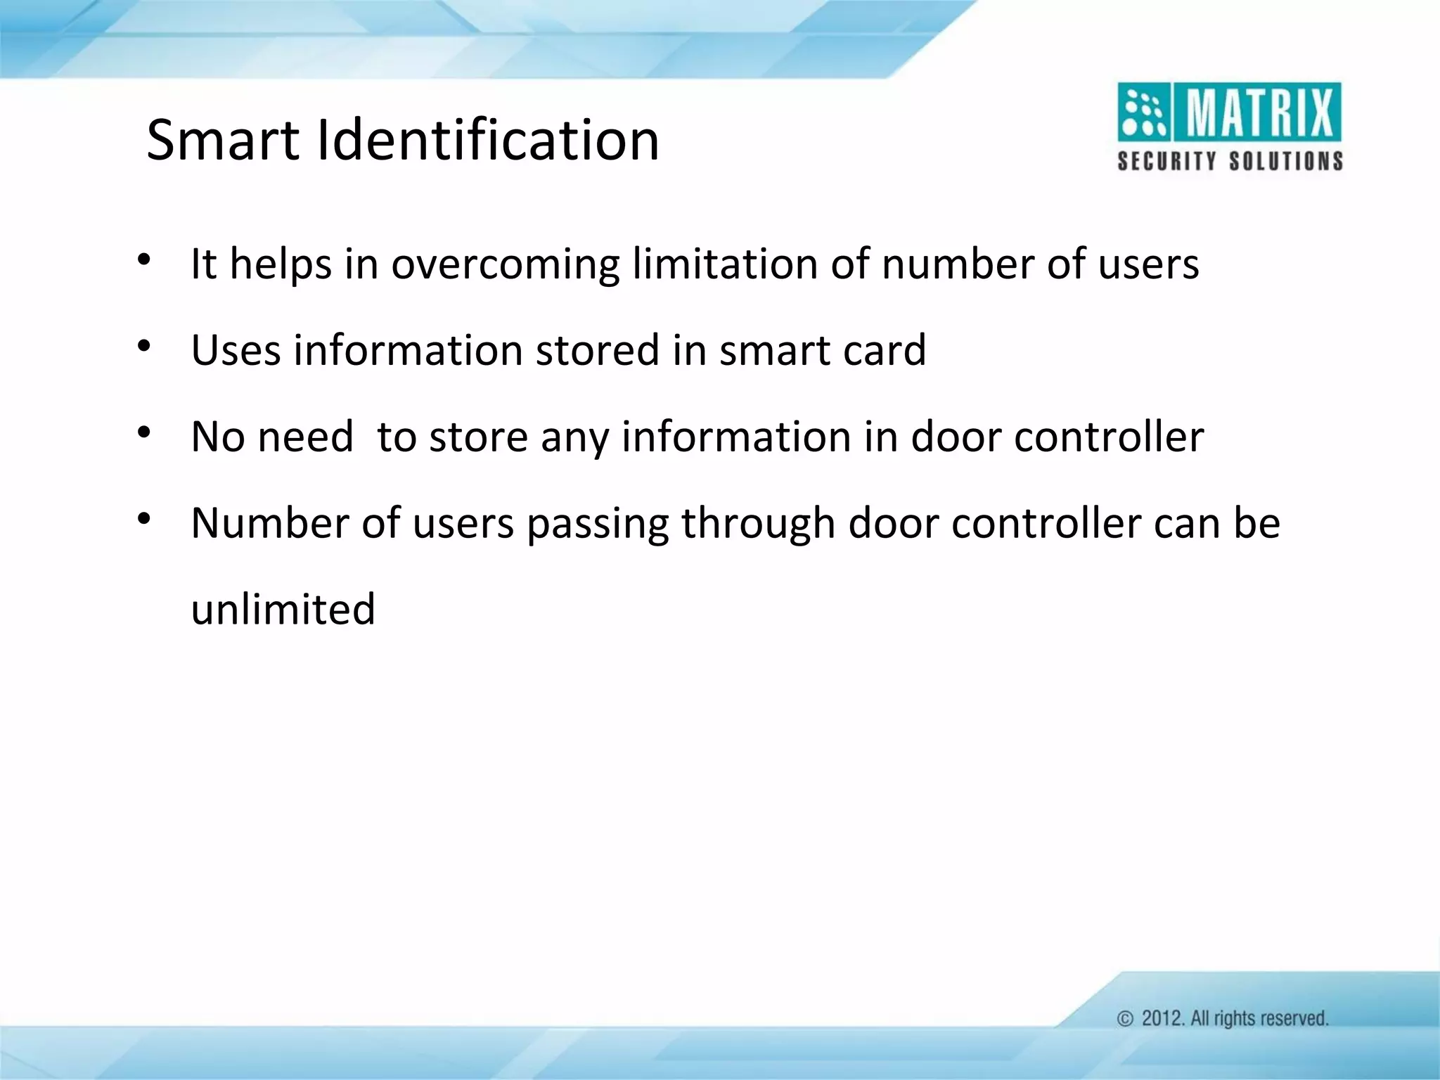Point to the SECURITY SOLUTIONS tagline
1230,161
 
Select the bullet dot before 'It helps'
144,259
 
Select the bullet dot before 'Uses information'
144,346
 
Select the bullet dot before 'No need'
144,432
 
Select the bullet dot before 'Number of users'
144,519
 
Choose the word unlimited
283,609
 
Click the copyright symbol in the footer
1126,1019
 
